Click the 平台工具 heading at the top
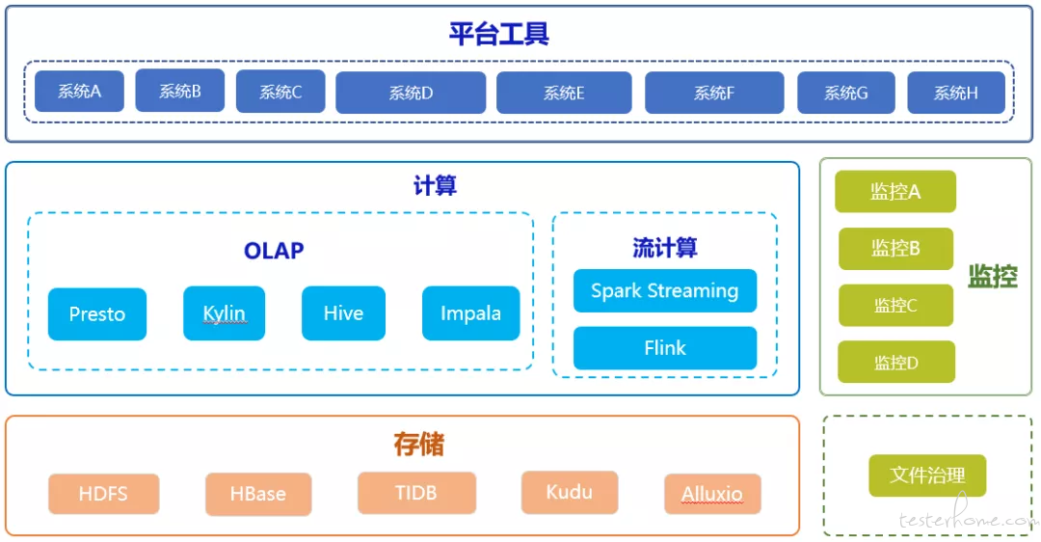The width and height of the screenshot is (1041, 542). pos(498,34)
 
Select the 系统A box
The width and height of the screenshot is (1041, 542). pos(79,91)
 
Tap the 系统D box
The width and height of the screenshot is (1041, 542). pos(411,93)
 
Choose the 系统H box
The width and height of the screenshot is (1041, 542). pos(956,93)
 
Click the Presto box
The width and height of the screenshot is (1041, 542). pos(97,313)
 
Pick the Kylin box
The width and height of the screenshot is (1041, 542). pos(224,312)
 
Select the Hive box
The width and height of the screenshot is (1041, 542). pos(343,312)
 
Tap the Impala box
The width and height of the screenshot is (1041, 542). pos(470,312)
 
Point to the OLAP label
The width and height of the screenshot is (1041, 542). pos(274,251)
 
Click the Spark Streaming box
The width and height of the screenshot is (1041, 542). pos(664,290)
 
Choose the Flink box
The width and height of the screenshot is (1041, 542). pos(664,347)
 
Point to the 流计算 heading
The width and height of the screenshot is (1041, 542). pos(664,248)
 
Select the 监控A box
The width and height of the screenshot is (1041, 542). pos(894,191)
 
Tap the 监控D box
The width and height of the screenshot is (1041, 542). pos(896,362)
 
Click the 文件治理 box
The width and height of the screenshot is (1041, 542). pos(927,474)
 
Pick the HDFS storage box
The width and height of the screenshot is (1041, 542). pos(103,494)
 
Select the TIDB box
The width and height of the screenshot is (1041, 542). pos(416,492)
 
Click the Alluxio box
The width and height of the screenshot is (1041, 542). pos(712,494)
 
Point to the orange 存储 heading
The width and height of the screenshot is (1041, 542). pos(418,444)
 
